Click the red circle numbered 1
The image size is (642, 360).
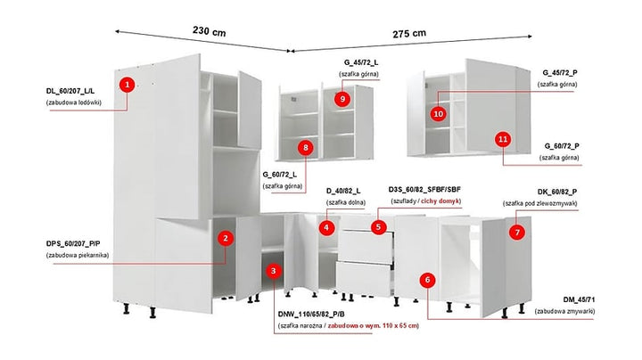[x=128, y=85]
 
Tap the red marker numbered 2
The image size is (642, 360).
[x=226, y=238]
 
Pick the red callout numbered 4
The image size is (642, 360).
[x=327, y=227]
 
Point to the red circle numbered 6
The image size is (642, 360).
[x=428, y=280]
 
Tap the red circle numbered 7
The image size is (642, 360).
[x=516, y=232]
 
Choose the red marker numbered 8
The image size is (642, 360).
[x=306, y=147]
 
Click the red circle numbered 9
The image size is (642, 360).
[x=342, y=99]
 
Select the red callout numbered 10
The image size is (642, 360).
[x=438, y=114]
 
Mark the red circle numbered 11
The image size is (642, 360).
[x=503, y=139]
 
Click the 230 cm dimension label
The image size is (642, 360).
[x=209, y=31]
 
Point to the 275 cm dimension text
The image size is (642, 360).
[x=409, y=34]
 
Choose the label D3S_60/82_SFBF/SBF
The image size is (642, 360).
[x=424, y=190]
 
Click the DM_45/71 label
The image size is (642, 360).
[x=561, y=298]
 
